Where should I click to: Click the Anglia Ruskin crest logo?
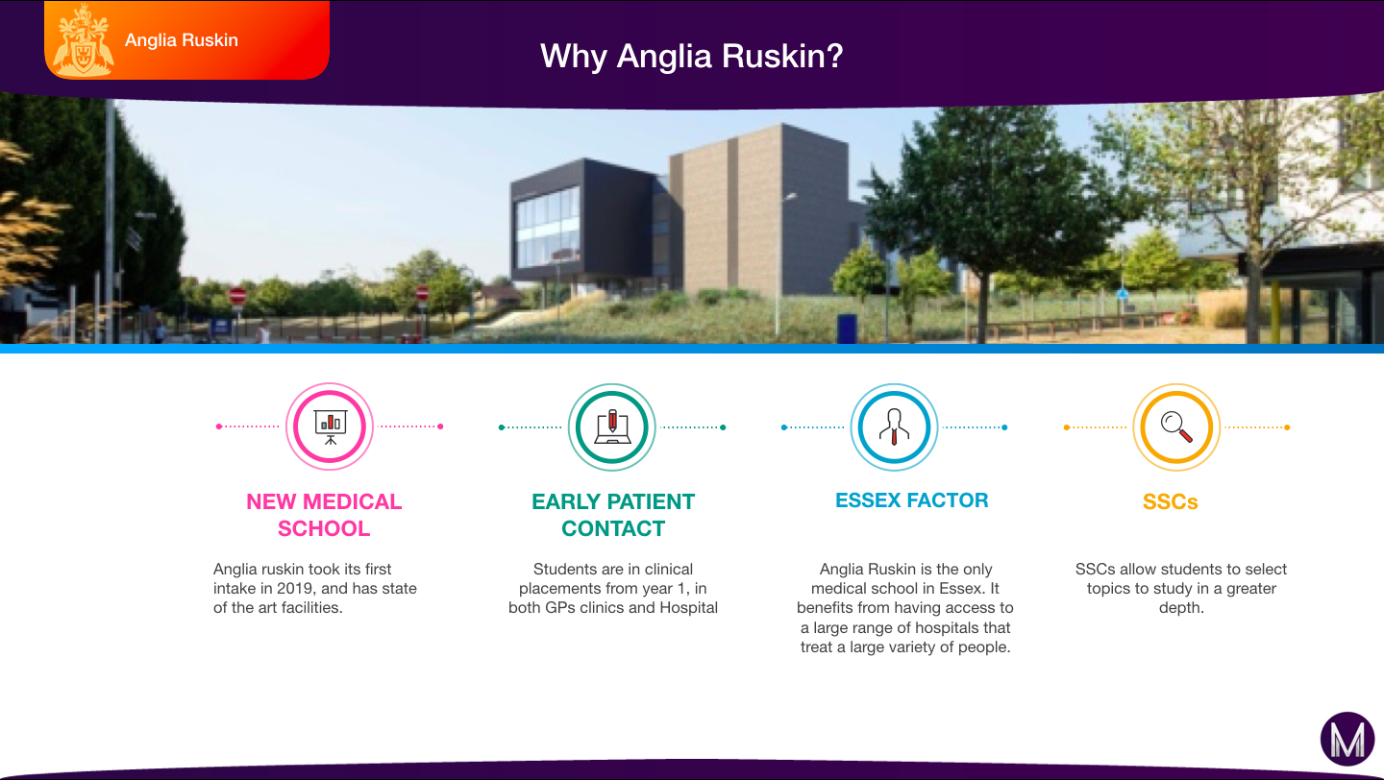click(83, 40)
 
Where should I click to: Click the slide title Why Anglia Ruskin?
click(691, 57)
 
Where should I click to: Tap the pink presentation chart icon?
click(330, 427)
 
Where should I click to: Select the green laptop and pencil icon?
click(611, 427)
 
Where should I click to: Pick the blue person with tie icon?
click(894, 427)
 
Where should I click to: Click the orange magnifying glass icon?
click(1176, 427)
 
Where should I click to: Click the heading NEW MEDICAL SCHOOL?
click(324, 515)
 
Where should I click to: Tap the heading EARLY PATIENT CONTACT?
click(613, 515)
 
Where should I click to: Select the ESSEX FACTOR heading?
click(912, 500)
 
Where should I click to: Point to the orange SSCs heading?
click(1171, 502)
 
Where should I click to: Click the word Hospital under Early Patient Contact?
click(688, 608)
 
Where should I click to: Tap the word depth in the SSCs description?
click(1180, 608)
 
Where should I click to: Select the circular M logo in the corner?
click(1347, 740)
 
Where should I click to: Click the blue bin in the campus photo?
click(847, 329)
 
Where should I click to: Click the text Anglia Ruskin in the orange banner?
click(181, 40)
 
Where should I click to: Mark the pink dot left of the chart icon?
click(219, 427)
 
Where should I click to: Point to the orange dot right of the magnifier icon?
click(1287, 427)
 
